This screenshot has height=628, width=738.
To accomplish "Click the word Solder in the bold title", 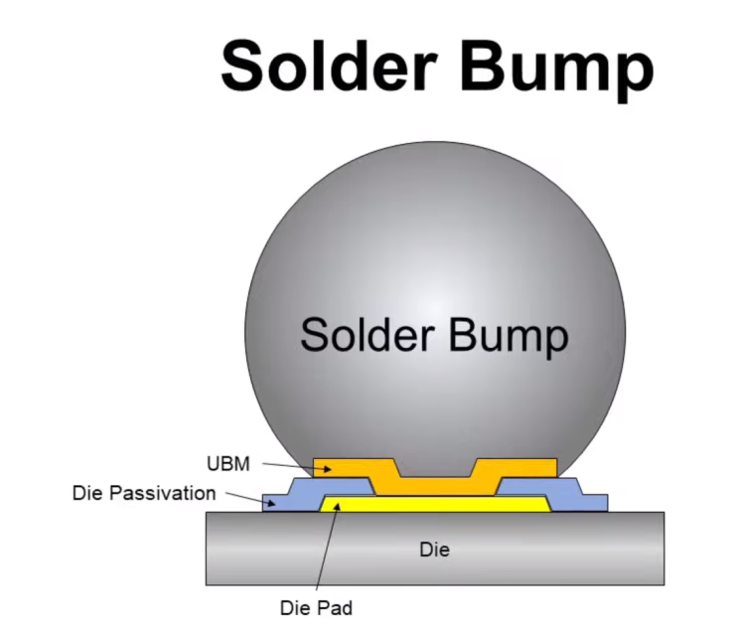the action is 329,65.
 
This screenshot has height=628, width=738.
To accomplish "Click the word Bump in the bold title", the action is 557,71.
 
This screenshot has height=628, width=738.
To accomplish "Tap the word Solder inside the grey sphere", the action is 368,334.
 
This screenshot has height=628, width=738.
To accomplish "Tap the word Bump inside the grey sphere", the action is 509,338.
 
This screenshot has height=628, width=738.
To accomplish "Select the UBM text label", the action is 228,464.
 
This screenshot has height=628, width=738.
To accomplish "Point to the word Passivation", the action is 162,493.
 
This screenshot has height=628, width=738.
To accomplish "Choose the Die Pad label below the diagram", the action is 316,608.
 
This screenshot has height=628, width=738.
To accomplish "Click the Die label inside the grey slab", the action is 434,549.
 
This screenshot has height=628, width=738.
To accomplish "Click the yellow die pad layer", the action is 435,504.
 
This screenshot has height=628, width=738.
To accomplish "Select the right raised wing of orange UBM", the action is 516,468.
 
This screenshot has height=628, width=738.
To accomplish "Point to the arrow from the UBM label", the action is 297,466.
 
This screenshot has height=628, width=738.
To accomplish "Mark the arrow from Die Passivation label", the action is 250,499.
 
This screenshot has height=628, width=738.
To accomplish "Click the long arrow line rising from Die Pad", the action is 328,547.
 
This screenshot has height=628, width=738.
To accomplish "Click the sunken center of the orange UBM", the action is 435,486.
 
